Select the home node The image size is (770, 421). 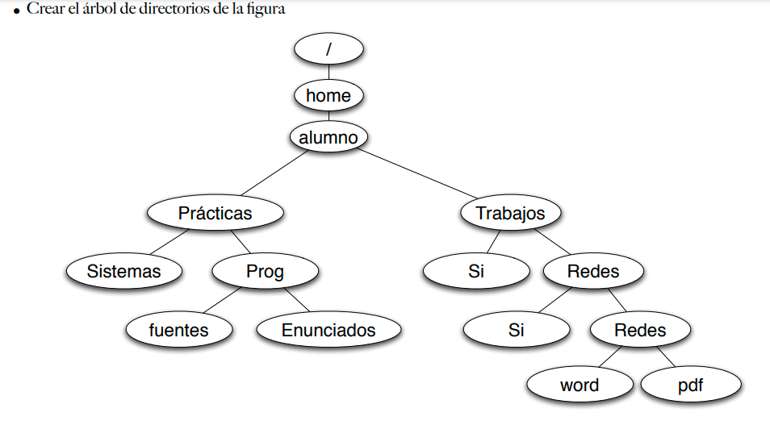click(x=329, y=96)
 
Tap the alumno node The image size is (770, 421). click(x=329, y=138)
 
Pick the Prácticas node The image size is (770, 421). click(x=215, y=213)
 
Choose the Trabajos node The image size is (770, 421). click(x=510, y=213)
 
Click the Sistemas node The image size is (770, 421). click(x=124, y=271)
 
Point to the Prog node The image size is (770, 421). click(x=265, y=271)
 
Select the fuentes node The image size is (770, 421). click(x=178, y=330)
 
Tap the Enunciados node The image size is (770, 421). click(x=329, y=330)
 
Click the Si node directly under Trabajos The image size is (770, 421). click(x=475, y=271)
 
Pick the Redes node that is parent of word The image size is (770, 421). click(x=639, y=330)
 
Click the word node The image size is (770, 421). click(x=580, y=385)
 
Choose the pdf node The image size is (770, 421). click(x=691, y=385)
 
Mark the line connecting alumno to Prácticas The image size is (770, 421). click(x=270, y=174)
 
